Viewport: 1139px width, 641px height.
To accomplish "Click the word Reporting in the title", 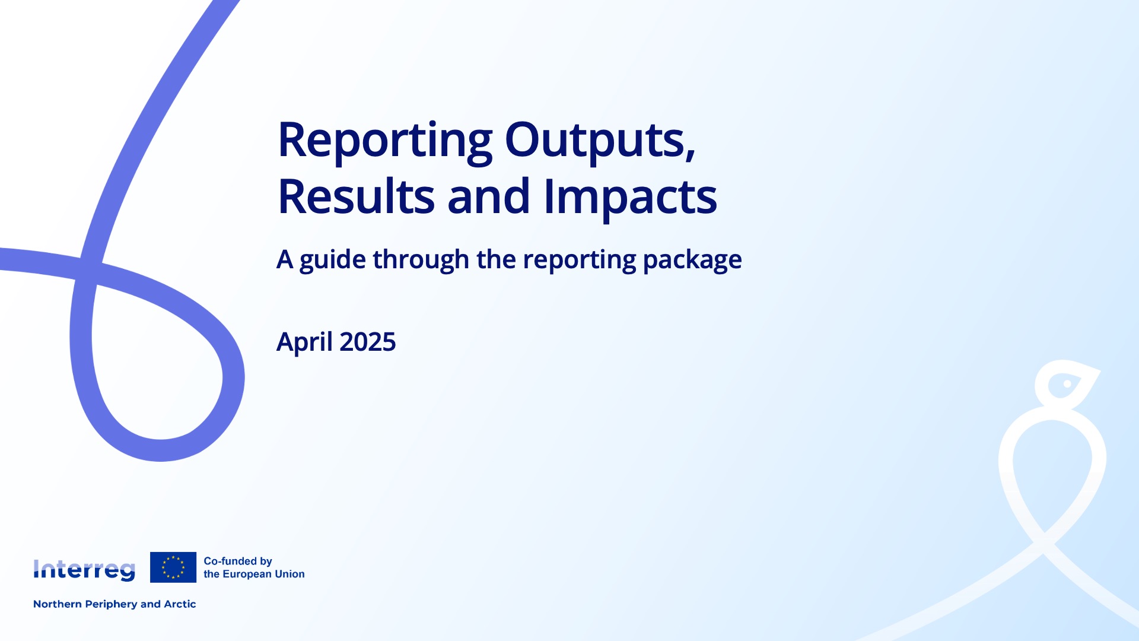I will pyautogui.click(x=384, y=141).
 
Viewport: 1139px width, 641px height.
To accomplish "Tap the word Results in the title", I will pyautogui.click(x=356, y=197).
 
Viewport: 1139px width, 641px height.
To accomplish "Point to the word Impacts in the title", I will pyautogui.click(x=630, y=197).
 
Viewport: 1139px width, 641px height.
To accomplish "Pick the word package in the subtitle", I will pyautogui.click(x=692, y=260).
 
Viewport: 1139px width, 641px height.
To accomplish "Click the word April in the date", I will pyautogui.click(x=304, y=342).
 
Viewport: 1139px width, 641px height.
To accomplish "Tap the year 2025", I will pyautogui.click(x=367, y=342).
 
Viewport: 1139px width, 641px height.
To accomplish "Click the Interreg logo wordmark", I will pyautogui.click(x=84, y=570).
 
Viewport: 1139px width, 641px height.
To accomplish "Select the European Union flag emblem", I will pyautogui.click(x=173, y=567).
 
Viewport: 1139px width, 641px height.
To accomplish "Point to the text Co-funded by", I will pyautogui.click(x=237, y=561).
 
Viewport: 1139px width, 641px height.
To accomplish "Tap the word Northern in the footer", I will pyautogui.click(x=57, y=604).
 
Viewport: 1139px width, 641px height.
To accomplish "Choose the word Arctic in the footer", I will pyautogui.click(x=180, y=604).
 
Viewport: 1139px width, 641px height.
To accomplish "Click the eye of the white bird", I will pyautogui.click(x=1067, y=384).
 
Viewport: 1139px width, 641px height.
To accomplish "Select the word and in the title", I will pyautogui.click(x=488, y=197).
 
